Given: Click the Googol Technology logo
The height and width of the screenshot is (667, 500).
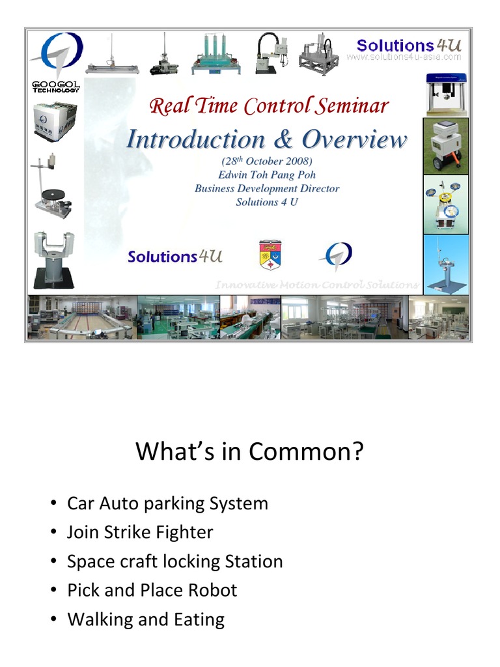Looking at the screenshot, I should click(56, 63).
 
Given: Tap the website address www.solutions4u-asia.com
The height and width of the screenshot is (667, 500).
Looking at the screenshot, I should click(404, 57).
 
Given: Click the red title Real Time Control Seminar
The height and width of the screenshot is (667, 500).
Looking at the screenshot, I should click(269, 106).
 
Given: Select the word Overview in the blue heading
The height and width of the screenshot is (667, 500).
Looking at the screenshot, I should click(355, 139).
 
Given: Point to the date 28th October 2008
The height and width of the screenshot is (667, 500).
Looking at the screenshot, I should click(267, 161).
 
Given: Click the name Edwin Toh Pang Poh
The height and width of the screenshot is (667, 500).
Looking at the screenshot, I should click(267, 175).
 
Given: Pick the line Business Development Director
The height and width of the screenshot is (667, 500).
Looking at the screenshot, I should click(267, 188).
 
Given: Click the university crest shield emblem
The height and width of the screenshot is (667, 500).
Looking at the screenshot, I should click(270, 255).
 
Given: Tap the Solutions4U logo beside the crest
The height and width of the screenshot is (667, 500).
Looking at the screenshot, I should click(175, 256).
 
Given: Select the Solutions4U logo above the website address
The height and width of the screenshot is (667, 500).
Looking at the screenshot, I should click(409, 45).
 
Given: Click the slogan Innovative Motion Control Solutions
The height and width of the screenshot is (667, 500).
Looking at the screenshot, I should click(317, 285).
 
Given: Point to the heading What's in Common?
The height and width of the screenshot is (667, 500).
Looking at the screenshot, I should click(249, 451).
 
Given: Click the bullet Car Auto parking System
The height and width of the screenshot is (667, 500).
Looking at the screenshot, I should click(167, 504).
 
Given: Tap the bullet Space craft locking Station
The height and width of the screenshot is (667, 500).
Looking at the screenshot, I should click(174, 561).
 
